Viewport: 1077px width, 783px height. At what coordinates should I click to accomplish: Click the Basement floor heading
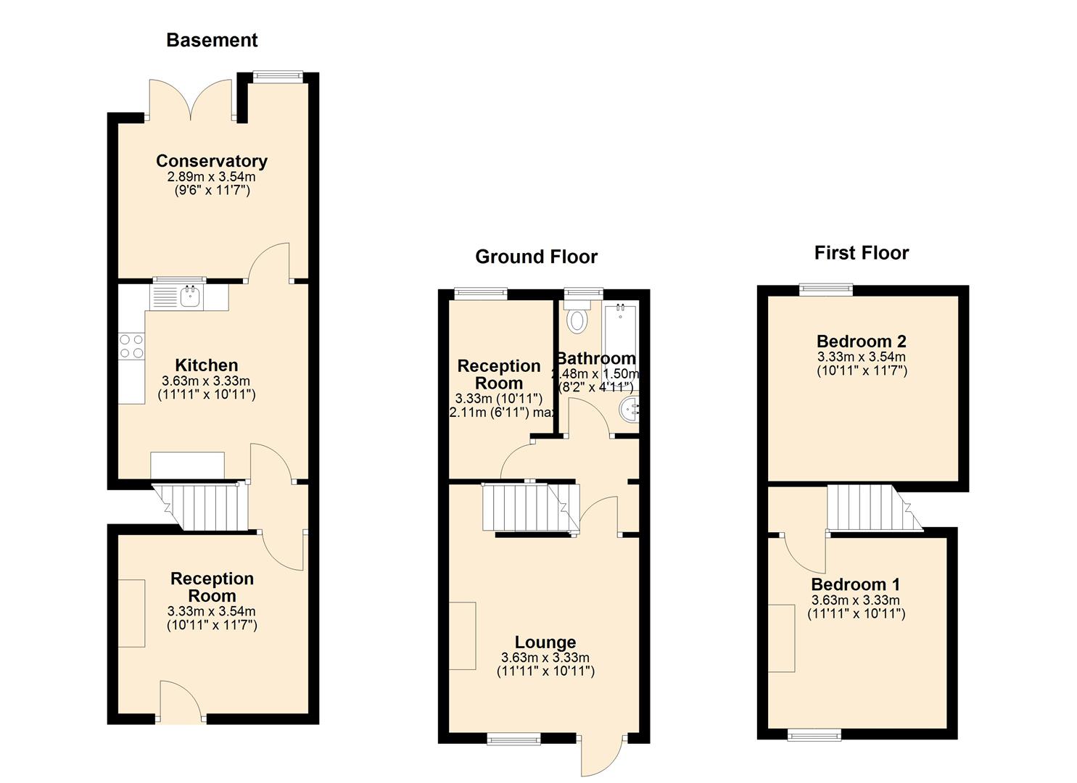click(212, 40)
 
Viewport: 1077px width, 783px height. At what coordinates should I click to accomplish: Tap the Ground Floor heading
click(536, 257)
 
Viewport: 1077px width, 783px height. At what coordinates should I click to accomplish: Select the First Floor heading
click(862, 253)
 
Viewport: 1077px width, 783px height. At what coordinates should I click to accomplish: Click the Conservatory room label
click(212, 160)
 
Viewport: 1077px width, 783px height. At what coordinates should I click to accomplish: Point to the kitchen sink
click(191, 296)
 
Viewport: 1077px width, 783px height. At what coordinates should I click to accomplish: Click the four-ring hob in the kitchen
click(132, 346)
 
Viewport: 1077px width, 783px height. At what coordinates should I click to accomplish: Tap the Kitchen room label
click(207, 365)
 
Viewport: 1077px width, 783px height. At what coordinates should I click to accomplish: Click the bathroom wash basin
click(630, 410)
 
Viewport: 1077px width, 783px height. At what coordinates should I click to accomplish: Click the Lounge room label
click(545, 642)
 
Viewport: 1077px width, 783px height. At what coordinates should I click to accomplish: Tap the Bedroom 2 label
click(861, 341)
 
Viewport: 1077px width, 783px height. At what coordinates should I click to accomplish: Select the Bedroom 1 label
click(855, 584)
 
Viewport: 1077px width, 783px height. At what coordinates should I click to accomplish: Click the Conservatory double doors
click(191, 100)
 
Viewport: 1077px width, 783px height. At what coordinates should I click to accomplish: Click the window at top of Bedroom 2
click(826, 289)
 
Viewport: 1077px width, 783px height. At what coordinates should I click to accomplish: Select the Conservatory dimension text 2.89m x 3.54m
click(212, 177)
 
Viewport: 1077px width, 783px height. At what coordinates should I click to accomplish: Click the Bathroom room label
click(596, 359)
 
